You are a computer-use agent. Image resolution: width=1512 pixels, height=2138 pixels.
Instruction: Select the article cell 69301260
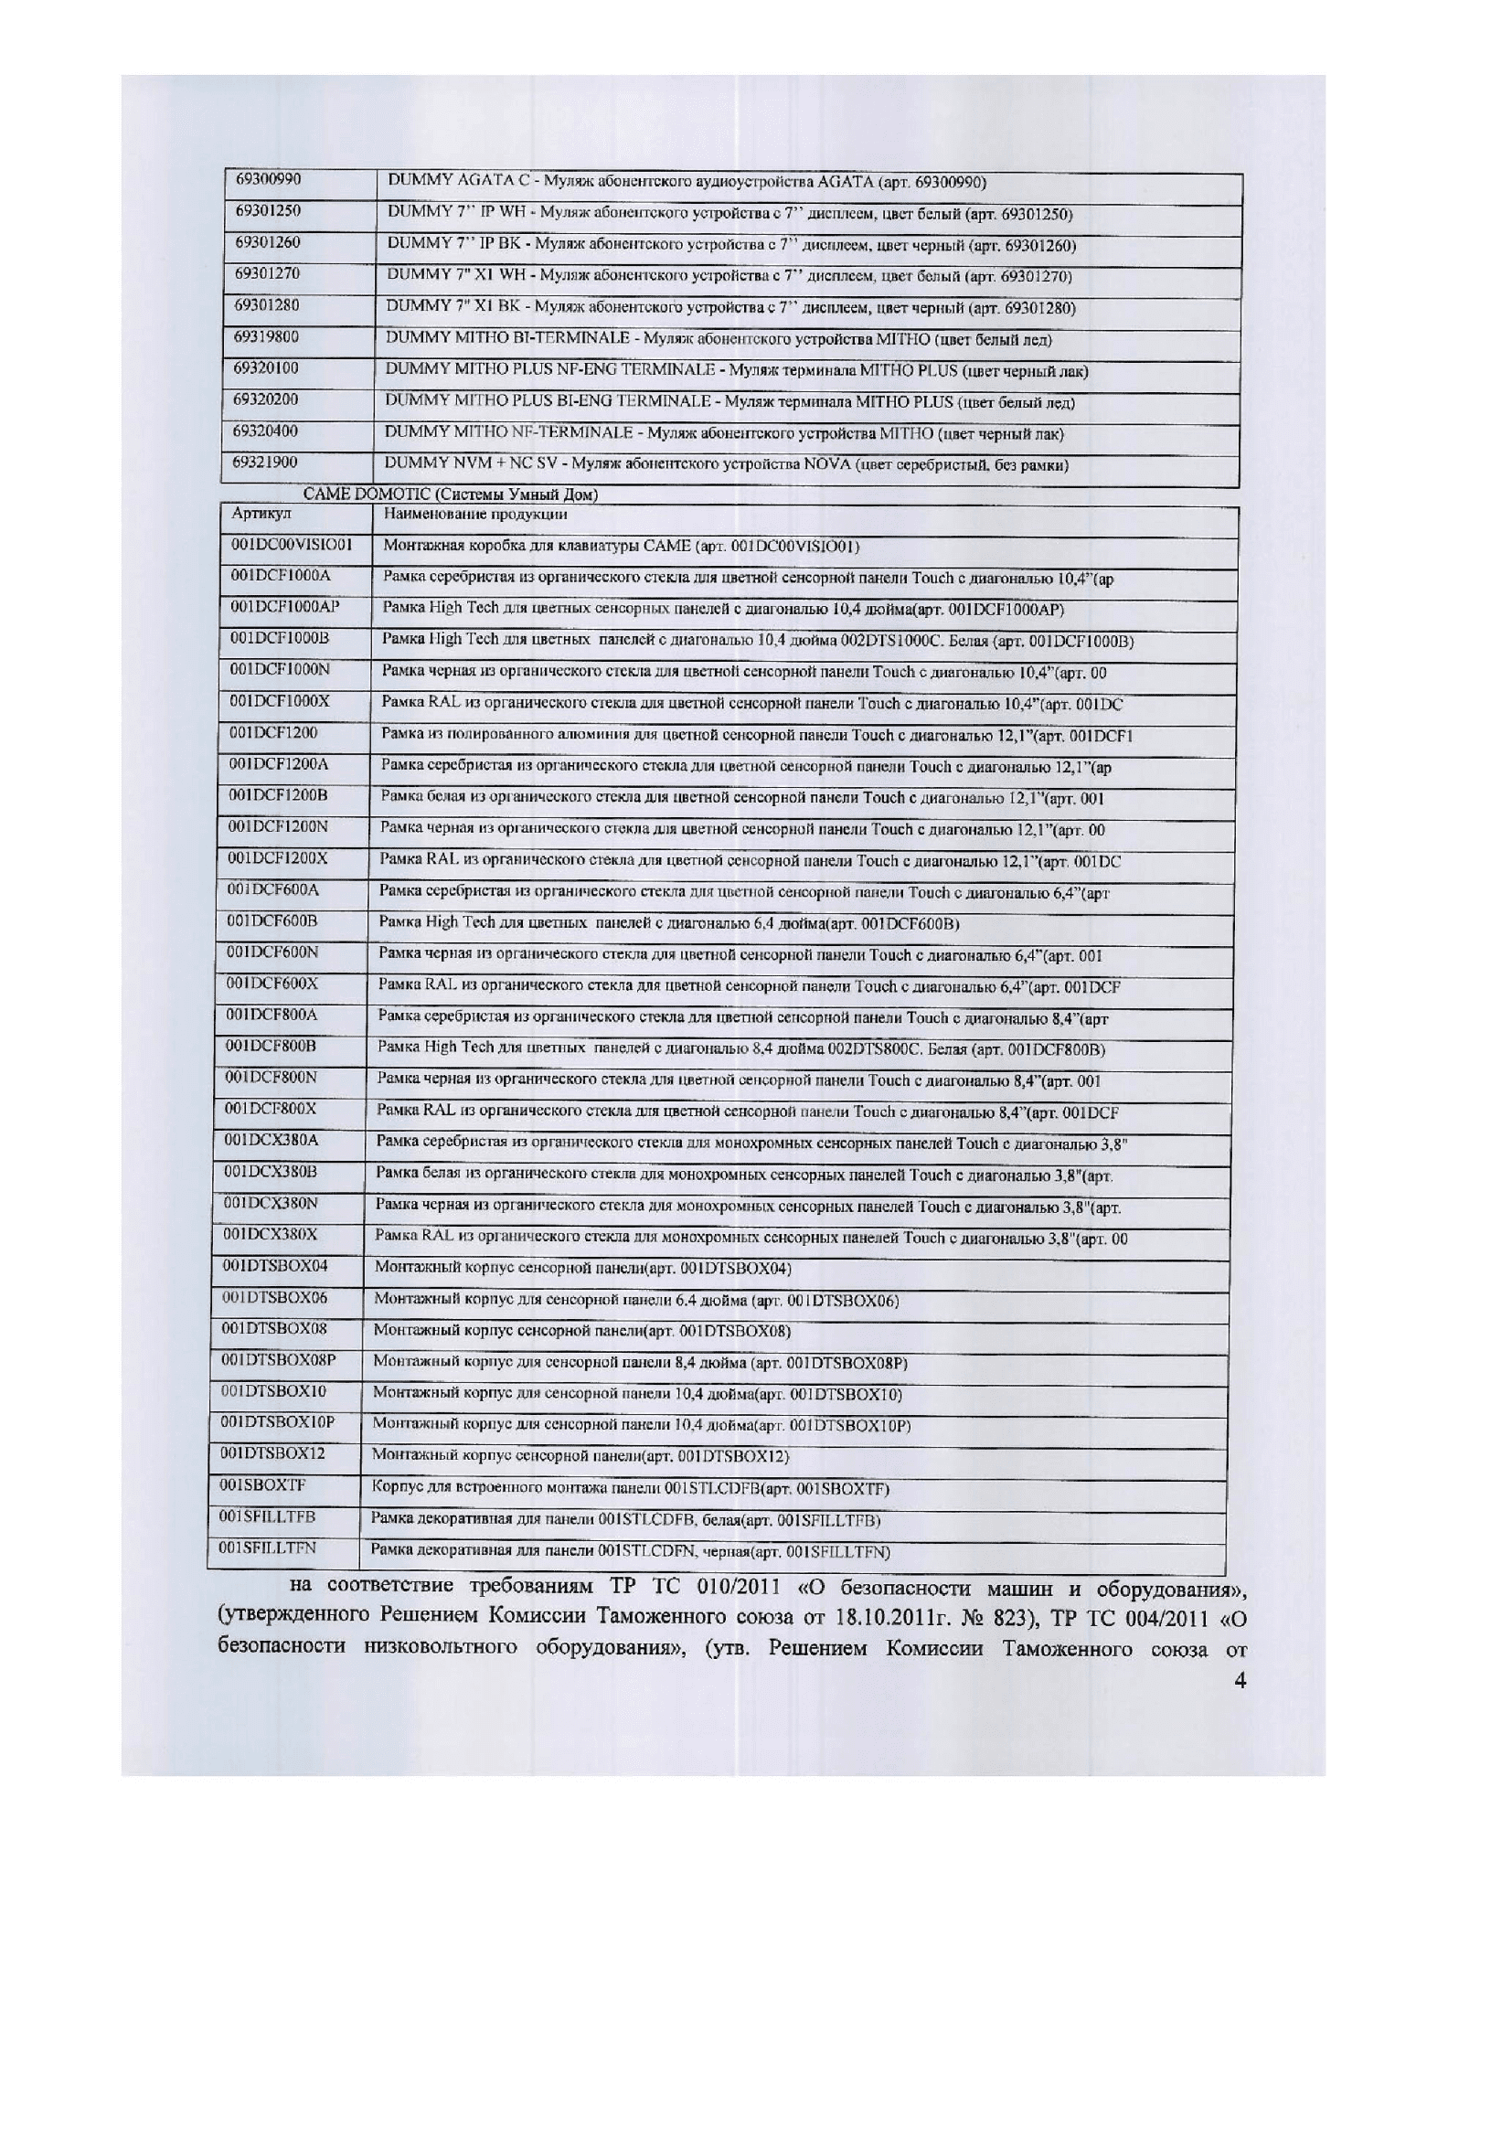(x=267, y=242)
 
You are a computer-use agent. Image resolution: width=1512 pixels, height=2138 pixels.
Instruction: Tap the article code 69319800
(x=267, y=336)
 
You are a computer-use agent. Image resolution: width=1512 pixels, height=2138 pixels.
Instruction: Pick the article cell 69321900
(x=266, y=462)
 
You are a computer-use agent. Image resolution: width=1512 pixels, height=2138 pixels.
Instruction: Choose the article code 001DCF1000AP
(x=286, y=607)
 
